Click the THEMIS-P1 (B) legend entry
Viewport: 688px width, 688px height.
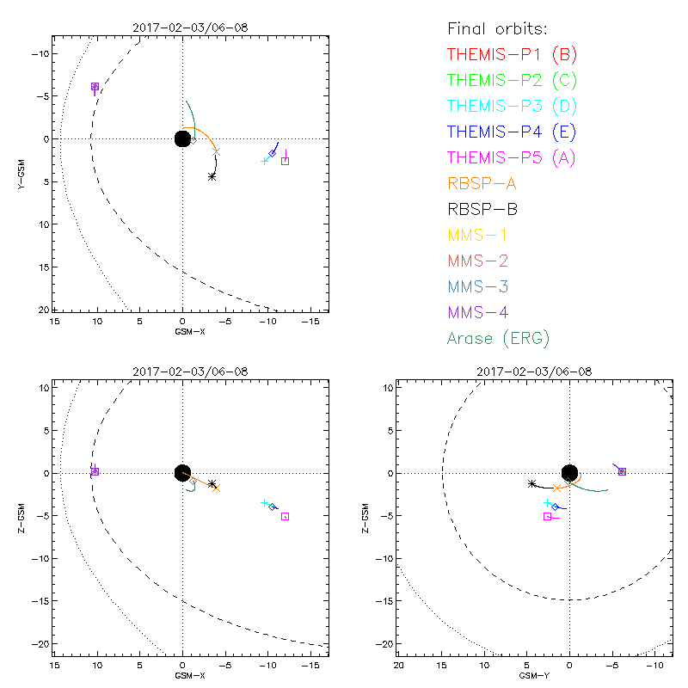pyautogui.click(x=512, y=55)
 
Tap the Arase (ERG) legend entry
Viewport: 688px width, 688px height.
pyautogui.click(x=498, y=338)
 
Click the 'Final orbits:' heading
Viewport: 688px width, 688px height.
pyautogui.click(x=496, y=29)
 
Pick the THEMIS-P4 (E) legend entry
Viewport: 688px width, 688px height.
pyautogui.click(x=512, y=132)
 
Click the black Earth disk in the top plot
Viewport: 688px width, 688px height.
pyautogui.click(x=182, y=138)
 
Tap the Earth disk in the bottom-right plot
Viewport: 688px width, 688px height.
pyautogui.click(x=569, y=472)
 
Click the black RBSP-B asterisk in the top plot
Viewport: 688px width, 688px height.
pyautogui.click(x=212, y=176)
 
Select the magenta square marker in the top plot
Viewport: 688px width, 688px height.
pyautogui.click(x=286, y=161)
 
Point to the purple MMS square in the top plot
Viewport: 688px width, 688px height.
pyautogui.click(x=95, y=87)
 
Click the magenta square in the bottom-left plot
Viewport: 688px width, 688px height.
pyautogui.click(x=285, y=516)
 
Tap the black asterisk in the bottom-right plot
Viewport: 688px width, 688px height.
pyautogui.click(x=531, y=484)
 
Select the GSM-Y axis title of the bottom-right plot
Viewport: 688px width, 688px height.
pyautogui.click(x=529, y=676)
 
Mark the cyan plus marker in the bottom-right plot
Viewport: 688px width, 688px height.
pyautogui.click(x=547, y=502)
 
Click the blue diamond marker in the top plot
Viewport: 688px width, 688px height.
pyautogui.click(x=273, y=153)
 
